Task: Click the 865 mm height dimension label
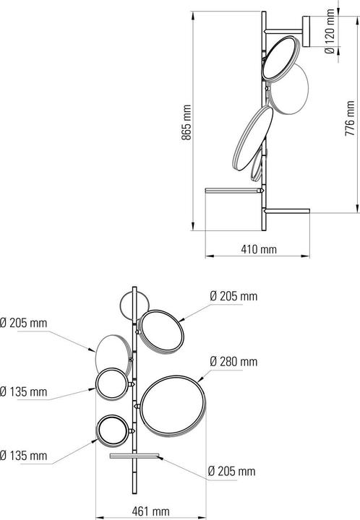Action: coord(186,122)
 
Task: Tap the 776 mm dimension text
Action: coord(351,118)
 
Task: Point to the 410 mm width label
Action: coord(259,249)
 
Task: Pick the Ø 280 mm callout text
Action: coord(233,360)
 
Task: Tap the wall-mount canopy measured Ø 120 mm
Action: coord(308,31)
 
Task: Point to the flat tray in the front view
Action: coord(136,456)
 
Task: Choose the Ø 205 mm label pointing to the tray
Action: coord(232,472)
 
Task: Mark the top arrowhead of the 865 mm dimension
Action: coord(194,13)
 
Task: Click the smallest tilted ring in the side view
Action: coord(255,170)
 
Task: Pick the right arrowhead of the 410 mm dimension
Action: coord(309,255)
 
